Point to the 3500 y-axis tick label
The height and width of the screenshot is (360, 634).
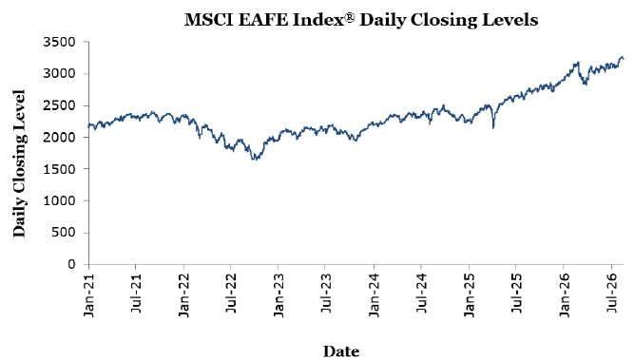pos(59,42)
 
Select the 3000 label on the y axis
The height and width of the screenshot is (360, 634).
pos(59,73)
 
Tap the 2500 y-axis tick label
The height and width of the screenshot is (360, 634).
pos(59,105)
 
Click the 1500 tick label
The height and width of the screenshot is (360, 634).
pos(59,169)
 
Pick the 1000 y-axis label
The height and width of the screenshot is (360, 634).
pos(59,200)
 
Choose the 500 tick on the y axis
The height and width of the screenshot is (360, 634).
pos(63,233)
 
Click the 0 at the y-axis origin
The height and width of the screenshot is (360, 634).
pos(71,264)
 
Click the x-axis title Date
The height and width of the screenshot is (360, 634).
pos(341,351)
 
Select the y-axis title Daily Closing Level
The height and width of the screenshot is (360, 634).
pos(19,163)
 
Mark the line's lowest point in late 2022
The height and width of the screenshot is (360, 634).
pos(255,160)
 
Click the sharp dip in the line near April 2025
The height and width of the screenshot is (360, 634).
pos(493,128)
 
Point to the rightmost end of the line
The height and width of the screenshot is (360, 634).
pos(624,59)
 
